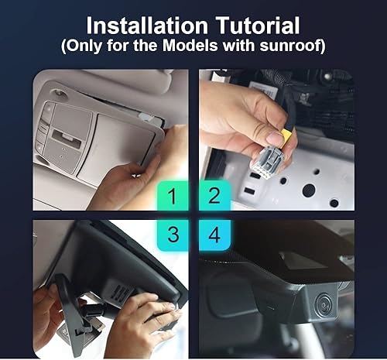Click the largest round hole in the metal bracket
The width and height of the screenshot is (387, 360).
pos(308,190)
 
